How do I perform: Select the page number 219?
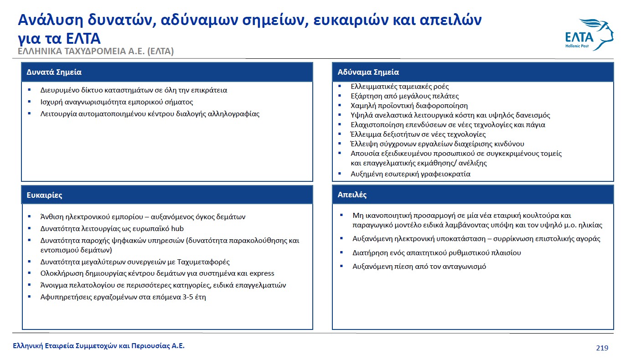click(602, 348)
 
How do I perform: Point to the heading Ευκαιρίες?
click(44, 195)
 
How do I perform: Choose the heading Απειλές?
click(352, 195)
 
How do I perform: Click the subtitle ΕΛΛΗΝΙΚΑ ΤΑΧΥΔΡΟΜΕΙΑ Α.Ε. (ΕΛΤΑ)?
click(96, 51)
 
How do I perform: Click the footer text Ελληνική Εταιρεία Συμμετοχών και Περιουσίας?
click(98, 346)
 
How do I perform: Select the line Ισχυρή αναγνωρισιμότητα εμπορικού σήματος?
click(117, 102)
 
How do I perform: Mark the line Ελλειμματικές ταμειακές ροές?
click(399, 87)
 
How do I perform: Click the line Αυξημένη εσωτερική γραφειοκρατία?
click(410, 174)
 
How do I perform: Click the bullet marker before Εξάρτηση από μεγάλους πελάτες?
click(340, 96)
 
